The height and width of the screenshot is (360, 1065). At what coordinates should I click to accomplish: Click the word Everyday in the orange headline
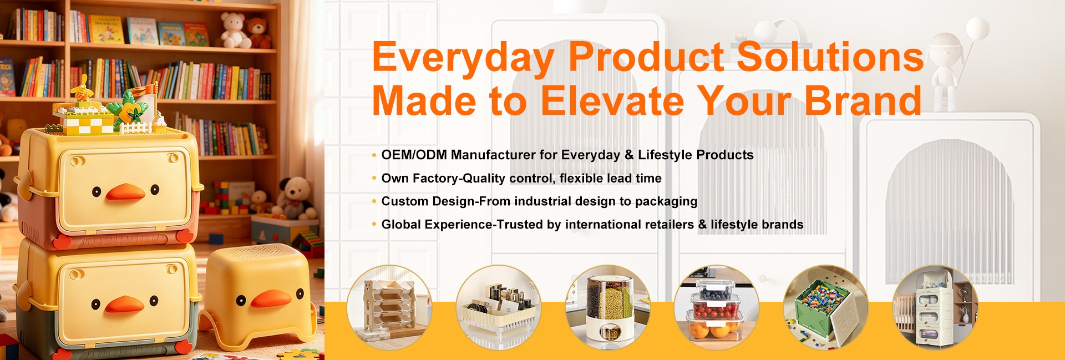pyautogui.click(x=463, y=58)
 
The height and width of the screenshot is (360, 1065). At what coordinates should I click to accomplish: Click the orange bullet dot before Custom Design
pyautogui.click(x=374, y=201)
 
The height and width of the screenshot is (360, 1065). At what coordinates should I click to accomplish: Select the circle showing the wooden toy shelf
pyautogui.click(x=389, y=307)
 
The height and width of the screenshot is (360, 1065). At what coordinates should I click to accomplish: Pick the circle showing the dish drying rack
pyautogui.click(x=499, y=307)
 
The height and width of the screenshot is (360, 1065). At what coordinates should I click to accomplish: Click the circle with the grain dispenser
pyautogui.click(x=608, y=307)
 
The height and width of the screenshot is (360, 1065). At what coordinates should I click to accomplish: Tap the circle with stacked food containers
pyautogui.click(x=717, y=307)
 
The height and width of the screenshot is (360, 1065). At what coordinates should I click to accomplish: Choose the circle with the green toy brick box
pyautogui.click(x=826, y=307)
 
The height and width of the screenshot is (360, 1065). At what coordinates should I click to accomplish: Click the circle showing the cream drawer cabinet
pyautogui.click(x=935, y=307)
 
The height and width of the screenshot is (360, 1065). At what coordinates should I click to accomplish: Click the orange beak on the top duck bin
pyautogui.click(x=125, y=192)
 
